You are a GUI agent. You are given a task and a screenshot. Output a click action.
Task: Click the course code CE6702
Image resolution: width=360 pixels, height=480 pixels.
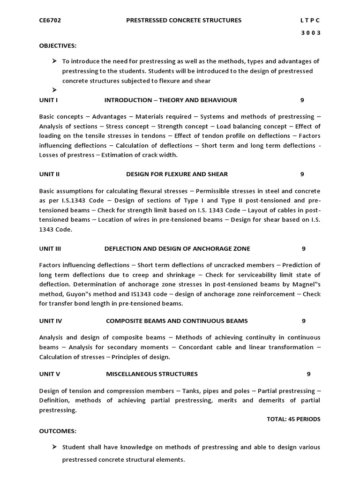(x=50, y=20)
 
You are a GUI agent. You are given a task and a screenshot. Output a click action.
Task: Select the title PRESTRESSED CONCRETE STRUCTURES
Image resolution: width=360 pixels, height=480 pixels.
(x=184, y=20)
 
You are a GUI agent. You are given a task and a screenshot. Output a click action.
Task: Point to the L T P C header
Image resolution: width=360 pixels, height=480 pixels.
(x=310, y=20)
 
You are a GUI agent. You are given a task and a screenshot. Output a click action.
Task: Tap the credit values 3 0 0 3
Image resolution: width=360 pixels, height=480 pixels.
(x=311, y=33)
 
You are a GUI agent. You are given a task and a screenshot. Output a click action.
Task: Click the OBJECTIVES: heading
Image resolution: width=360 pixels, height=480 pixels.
(x=58, y=45)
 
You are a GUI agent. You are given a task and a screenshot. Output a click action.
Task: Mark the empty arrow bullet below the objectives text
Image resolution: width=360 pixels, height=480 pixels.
(x=54, y=90)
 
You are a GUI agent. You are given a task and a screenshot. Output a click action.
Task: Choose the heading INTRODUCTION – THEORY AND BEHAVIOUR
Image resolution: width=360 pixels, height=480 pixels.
(x=171, y=100)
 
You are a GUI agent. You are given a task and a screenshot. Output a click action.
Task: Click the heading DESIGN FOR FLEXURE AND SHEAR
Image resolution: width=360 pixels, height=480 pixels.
(x=177, y=174)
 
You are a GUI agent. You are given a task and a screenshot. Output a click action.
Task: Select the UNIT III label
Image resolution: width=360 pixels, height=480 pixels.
(x=50, y=248)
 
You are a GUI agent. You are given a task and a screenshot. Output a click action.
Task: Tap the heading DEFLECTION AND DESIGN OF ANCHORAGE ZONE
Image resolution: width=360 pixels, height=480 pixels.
(x=177, y=248)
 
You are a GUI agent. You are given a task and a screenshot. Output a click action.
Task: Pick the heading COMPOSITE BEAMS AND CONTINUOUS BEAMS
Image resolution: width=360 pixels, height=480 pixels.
(x=177, y=321)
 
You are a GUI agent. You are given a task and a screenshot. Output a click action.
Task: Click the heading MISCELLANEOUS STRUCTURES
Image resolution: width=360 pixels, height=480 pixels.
(x=152, y=374)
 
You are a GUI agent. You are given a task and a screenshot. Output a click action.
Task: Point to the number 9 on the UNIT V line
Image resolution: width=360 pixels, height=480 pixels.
(x=308, y=374)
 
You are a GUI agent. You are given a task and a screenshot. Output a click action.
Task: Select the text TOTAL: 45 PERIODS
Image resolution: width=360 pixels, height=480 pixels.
(x=293, y=419)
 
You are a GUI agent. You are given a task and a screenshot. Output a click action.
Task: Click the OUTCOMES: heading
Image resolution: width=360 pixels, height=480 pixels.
(x=58, y=431)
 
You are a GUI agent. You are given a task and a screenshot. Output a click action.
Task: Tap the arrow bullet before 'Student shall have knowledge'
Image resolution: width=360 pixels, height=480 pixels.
(x=54, y=447)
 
